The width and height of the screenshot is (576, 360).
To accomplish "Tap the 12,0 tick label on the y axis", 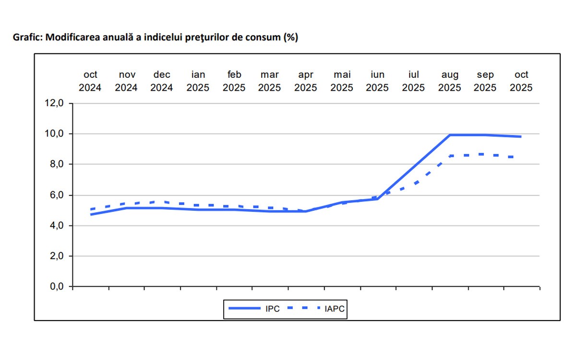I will [53, 103].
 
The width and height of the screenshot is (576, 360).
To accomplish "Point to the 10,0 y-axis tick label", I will [53, 134].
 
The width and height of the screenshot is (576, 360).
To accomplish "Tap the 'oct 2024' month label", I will [90, 81].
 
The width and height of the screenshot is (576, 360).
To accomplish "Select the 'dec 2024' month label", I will [162, 81].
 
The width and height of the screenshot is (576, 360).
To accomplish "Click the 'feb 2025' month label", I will [234, 81].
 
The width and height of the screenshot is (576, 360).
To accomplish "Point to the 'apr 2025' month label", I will [306, 81].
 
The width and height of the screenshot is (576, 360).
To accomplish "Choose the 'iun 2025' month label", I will [378, 81].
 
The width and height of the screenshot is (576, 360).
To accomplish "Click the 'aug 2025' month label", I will [450, 81].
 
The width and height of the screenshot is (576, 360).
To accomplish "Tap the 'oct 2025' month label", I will [521, 81].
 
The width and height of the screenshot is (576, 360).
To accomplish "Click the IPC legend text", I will [272, 309].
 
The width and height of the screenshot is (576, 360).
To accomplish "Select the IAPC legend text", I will [335, 309].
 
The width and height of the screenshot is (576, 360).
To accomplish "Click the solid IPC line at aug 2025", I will [450, 135].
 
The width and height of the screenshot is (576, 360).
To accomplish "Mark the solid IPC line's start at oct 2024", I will [91, 214].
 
